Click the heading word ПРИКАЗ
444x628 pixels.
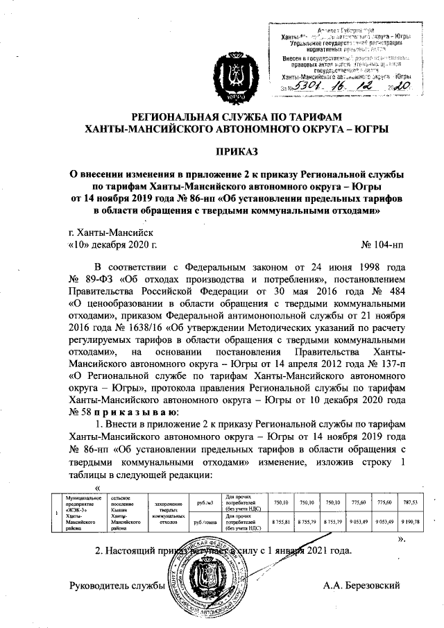click(222, 151)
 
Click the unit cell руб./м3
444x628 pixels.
click(205, 502)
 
